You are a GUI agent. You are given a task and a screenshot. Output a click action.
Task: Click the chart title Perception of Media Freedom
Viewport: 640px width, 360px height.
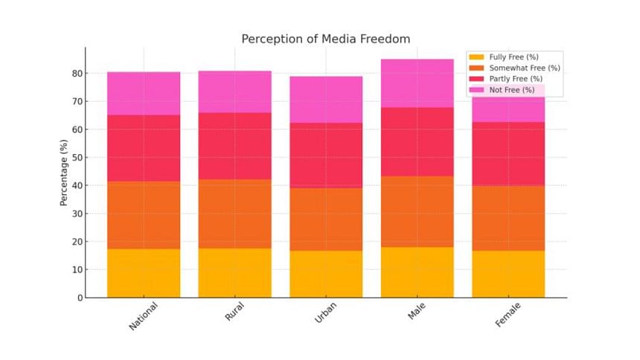pyautogui.click(x=325, y=39)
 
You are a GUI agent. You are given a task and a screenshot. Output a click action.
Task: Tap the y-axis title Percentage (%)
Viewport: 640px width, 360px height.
pyautogui.click(x=65, y=172)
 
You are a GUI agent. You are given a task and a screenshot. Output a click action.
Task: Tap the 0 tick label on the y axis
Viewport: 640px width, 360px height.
pyautogui.click(x=78, y=298)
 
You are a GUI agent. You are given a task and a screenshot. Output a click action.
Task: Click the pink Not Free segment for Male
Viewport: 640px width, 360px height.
pyautogui.click(x=417, y=83)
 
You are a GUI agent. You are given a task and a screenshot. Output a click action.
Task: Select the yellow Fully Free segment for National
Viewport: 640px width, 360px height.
pyautogui.click(x=144, y=273)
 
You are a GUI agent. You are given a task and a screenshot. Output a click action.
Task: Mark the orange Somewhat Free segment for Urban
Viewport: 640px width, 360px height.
pyautogui.click(x=326, y=219)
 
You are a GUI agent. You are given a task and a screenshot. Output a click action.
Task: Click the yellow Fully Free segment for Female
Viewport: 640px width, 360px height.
pyautogui.click(x=508, y=274)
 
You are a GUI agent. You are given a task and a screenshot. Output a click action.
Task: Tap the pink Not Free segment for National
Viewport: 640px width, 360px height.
pyautogui.click(x=144, y=94)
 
